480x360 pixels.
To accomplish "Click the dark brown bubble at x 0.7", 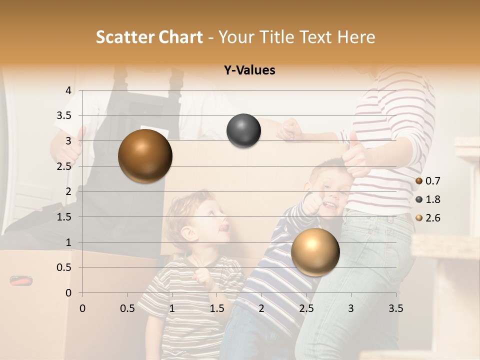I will pyautogui.click(x=145, y=156).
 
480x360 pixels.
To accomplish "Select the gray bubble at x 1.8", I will pyautogui.click(x=243, y=130).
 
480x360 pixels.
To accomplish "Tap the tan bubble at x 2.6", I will pyautogui.click(x=315, y=252).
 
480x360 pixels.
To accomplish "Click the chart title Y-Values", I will pyautogui.click(x=249, y=70).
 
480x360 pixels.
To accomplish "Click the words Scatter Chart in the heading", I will pyautogui.click(x=149, y=37).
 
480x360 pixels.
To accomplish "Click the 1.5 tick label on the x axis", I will pyautogui.click(x=216, y=308).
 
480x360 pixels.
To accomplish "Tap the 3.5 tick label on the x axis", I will pyautogui.click(x=395, y=308).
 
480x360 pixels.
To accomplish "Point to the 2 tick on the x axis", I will pyautogui.click(x=261, y=308).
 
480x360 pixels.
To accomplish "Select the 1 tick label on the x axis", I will pyautogui.click(x=172, y=308).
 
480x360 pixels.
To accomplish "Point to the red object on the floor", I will pyautogui.click(x=21, y=281).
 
